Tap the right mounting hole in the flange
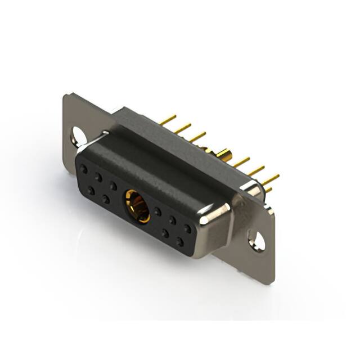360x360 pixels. pyautogui.click(x=257, y=240)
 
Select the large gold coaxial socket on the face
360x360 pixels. pyautogui.click(x=136, y=206)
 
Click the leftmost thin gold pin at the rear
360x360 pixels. pyautogui.click(x=167, y=119)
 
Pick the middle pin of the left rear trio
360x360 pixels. pyautogui.click(x=182, y=128)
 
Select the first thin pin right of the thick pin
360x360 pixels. pyautogui.click(x=241, y=162)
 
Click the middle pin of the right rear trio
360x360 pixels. pyautogui.click(x=256, y=170)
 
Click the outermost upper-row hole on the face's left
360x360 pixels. pyautogui.click(x=83, y=168)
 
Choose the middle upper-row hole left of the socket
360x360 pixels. pyautogui.click(x=98, y=177)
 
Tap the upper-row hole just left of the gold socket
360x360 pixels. pyautogui.click(x=113, y=185)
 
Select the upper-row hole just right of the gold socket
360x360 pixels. pyautogui.click(x=157, y=211)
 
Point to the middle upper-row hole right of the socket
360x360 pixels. pyautogui.click(x=173, y=220)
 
